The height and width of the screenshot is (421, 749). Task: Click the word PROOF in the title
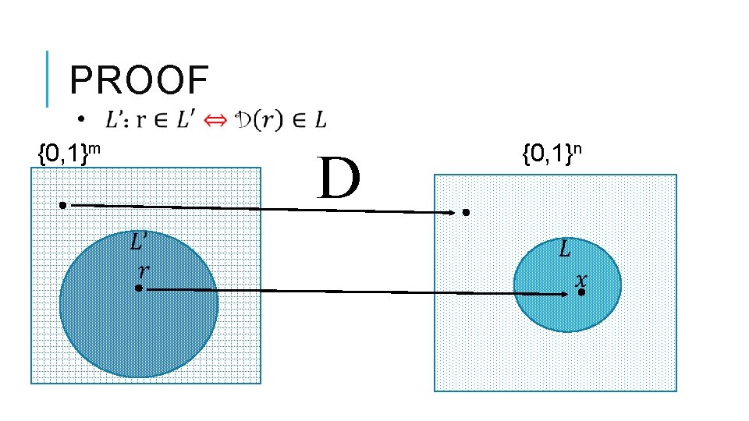(139, 80)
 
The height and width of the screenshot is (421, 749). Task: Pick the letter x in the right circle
(581, 278)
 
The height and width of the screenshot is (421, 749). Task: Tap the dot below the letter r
(138, 288)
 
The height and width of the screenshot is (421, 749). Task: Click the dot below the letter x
(581, 292)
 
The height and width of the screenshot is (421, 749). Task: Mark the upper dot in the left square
(62, 205)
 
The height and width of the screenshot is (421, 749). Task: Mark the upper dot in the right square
(466, 212)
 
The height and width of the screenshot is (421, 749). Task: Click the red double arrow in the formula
(216, 119)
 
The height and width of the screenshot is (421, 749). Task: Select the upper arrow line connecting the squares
(257, 208)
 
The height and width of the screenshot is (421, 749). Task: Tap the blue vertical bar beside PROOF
(48, 79)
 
